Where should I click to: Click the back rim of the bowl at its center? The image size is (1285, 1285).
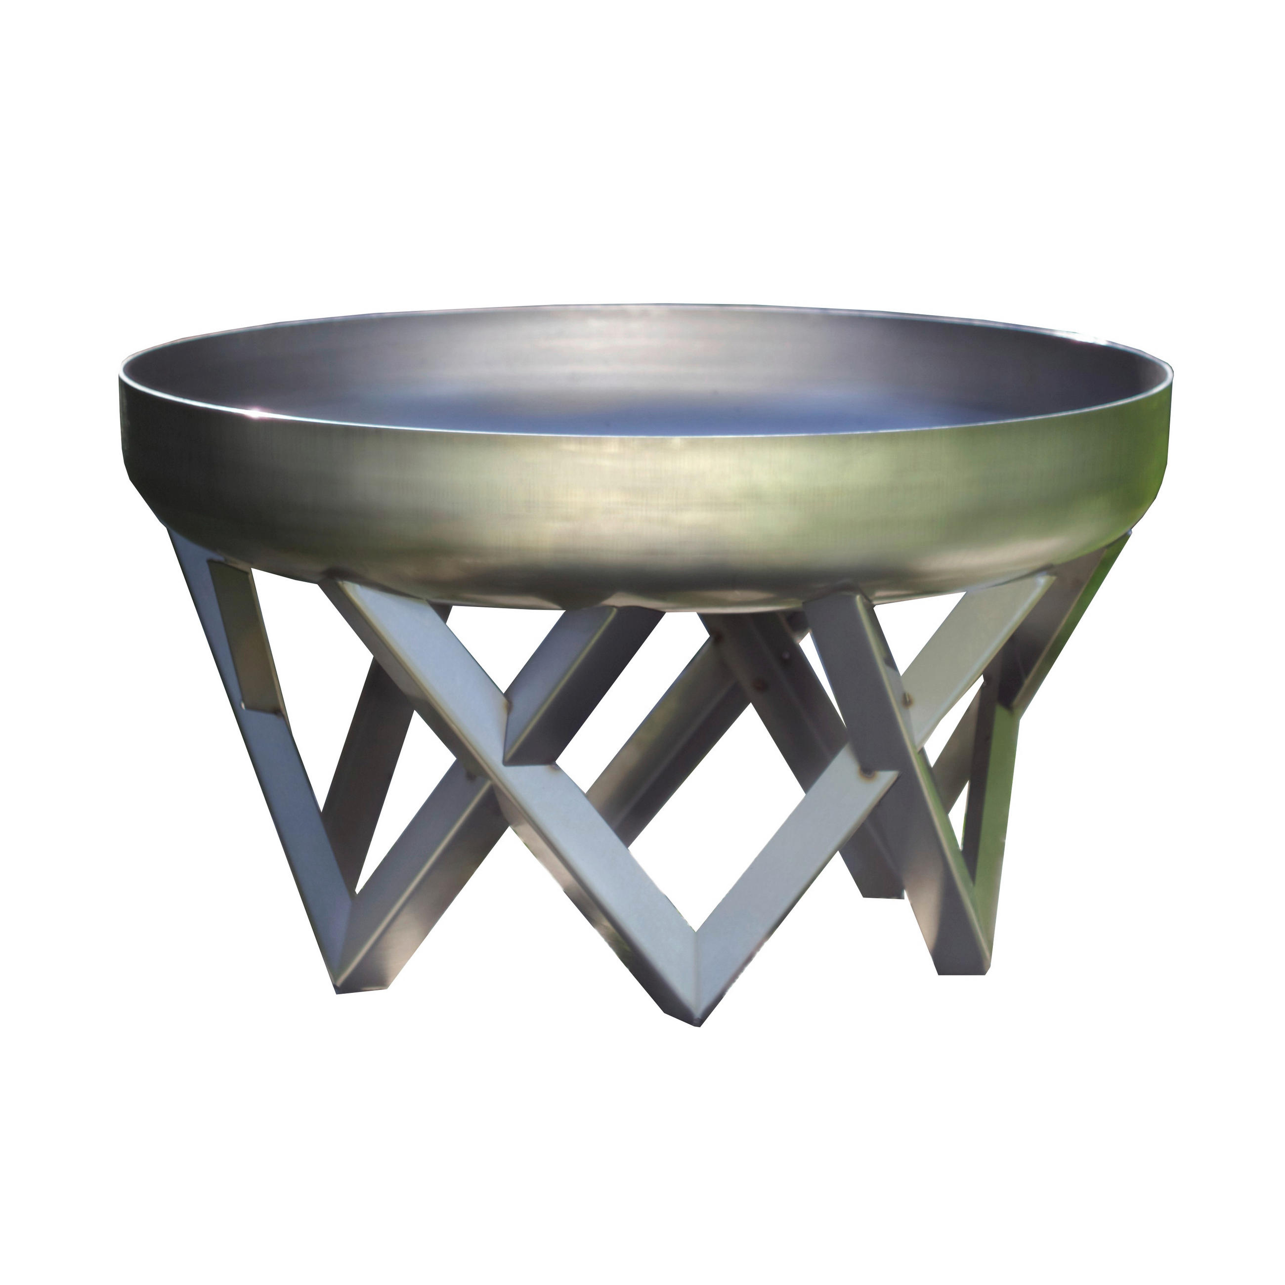[639, 307]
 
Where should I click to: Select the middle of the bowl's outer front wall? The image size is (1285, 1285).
[639, 506]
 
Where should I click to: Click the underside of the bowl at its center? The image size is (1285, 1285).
[639, 592]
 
